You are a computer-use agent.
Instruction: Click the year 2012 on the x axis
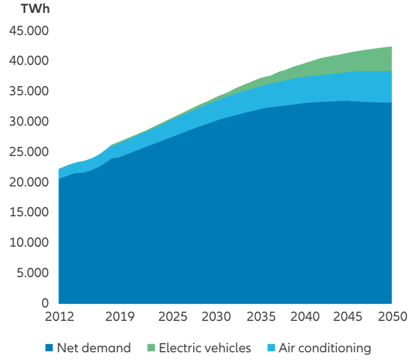tap(59, 316)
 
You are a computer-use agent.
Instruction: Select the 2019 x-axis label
tap(119, 316)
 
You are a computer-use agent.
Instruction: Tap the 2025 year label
tap(174, 316)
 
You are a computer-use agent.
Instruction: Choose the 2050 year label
tap(392, 316)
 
